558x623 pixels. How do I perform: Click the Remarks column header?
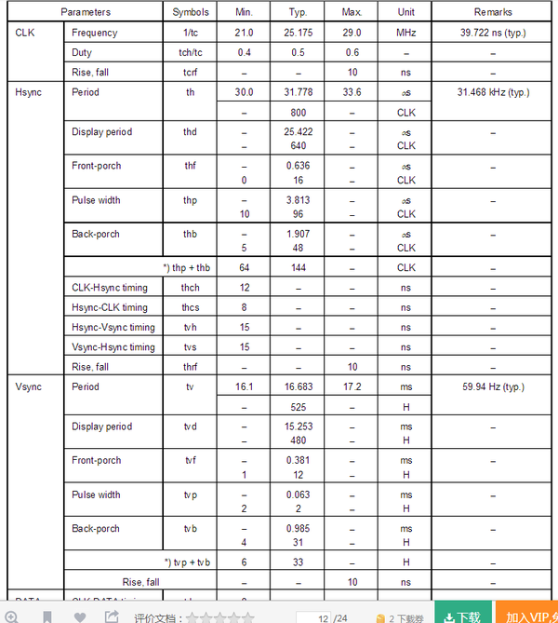(493, 12)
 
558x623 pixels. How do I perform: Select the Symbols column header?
(191, 12)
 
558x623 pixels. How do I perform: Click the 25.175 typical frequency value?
(298, 33)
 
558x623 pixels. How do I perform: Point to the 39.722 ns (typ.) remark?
(493, 33)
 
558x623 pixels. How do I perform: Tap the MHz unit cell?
(405, 33)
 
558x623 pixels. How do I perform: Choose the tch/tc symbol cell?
(191, 52)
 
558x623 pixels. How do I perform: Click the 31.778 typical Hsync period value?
(298, 92)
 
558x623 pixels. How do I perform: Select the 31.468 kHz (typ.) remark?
(493, 92)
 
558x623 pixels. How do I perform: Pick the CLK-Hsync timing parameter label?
(109, 288)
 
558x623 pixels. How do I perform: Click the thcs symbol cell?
(191, 307)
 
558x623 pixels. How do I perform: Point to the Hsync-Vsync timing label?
(113, 327)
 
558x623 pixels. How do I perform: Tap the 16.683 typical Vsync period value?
(298, 386)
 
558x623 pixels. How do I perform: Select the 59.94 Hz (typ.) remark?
(493, 386)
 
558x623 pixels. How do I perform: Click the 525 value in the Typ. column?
(298, 407)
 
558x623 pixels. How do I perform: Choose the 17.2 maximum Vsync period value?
(352, 386)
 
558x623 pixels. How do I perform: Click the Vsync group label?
(29, 386)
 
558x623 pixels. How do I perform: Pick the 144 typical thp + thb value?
(298, 267)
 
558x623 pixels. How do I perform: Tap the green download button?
(463, 616)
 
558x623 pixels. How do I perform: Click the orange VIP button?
(528, 616)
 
